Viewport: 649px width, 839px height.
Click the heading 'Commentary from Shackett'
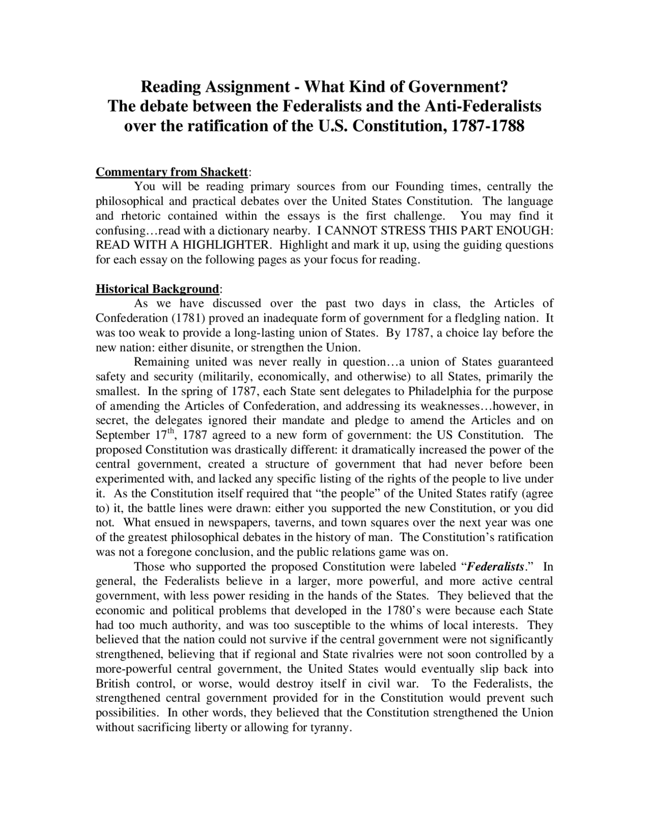coord(172,172)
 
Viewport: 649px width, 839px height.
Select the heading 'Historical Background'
coord(157,289)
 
